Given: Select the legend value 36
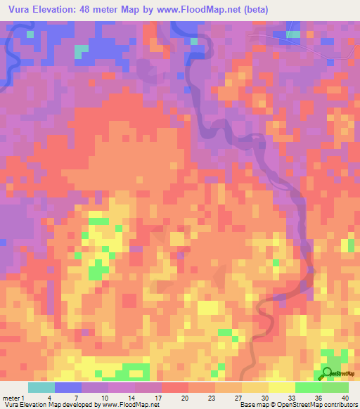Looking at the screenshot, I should point(309,397).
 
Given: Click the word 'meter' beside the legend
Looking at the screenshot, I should point(11,397).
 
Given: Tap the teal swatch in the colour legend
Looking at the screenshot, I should point(41,387).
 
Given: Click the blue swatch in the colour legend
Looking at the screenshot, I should point(67,387).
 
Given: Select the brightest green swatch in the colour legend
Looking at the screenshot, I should point(308,387).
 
